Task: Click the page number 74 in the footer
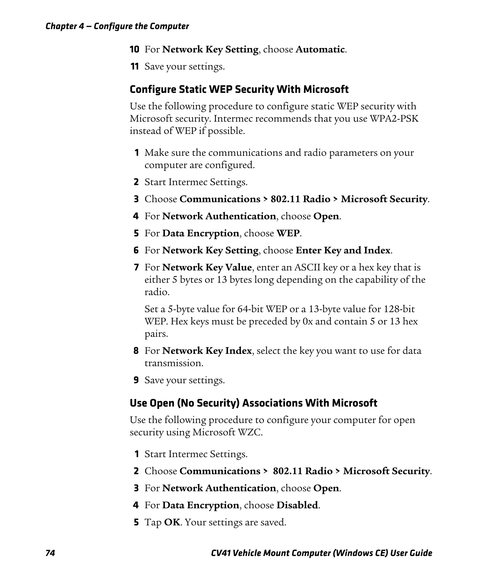50,553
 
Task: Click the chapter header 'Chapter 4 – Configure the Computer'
117,26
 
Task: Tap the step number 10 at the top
134,49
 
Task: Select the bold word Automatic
320,49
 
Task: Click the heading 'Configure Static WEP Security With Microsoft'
239,89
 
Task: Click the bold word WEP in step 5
288,233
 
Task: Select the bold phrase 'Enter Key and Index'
343,250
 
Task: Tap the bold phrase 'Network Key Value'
207,267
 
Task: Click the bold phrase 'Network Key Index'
207,351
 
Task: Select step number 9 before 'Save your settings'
136,380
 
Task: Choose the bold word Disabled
297,505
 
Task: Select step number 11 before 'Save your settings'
134,67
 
